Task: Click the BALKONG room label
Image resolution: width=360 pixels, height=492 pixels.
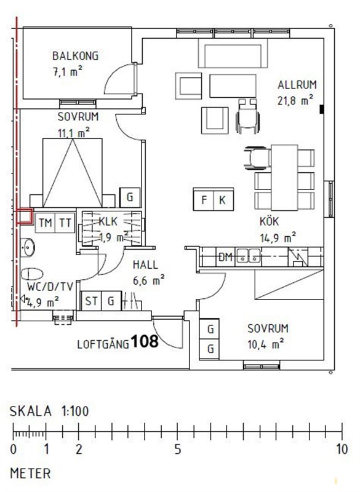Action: point(75,56)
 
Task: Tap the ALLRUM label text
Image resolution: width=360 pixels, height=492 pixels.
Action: point(297,85)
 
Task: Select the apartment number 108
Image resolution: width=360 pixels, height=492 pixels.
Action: point(145,341)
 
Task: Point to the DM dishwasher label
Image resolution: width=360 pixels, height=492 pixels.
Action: point(225,257)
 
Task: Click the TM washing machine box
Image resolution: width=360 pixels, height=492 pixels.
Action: point(45,223)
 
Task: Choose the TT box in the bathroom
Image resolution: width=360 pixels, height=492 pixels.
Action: point(65,223)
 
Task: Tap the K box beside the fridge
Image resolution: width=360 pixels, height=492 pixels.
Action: point(223,200)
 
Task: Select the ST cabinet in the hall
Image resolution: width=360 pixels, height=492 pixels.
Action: point(91,301)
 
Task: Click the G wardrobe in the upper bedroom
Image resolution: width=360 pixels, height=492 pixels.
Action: point(130,197)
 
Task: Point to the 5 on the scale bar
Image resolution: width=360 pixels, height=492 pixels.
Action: point(178,450)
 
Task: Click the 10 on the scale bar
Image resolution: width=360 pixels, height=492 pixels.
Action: point(342,450)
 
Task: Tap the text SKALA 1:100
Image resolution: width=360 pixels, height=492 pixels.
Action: point(49,411)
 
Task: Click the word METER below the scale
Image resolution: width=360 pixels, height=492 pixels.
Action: point(30,473)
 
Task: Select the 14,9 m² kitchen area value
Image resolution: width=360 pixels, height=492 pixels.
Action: point(278,237)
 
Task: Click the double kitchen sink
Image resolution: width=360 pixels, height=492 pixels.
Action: point(248,255)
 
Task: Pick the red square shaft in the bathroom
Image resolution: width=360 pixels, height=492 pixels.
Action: point(25,216)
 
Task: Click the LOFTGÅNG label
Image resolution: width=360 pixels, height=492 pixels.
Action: point(103,344)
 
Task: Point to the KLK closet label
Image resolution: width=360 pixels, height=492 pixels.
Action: point(108,221)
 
